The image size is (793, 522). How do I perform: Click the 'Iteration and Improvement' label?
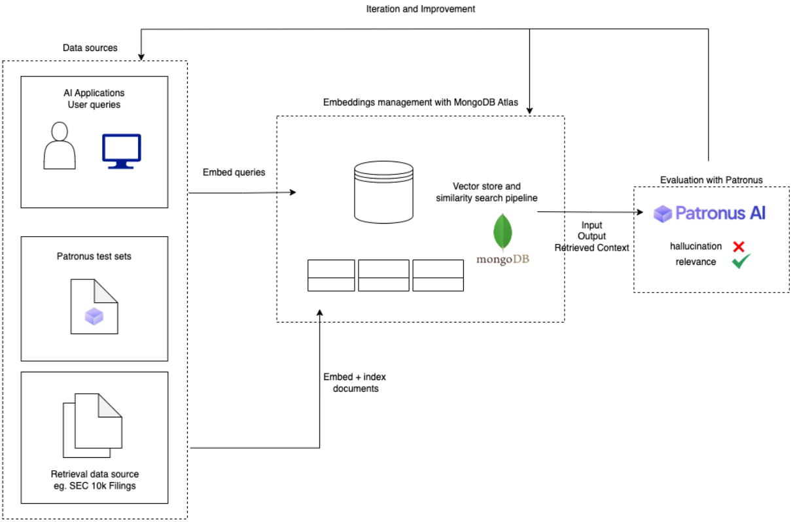point(420,9)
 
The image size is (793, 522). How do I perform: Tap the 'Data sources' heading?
point(90,48)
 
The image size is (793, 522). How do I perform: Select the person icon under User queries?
point(60,145)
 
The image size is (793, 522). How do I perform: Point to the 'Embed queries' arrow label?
point(235,172)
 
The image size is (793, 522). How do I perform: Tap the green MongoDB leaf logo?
point(502,232)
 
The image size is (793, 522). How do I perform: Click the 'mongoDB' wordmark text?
point(502,259)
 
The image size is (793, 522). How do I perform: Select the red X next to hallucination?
point(739,247)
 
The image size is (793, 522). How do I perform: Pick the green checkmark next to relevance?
point(741,262)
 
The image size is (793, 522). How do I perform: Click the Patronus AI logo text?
point(710,213)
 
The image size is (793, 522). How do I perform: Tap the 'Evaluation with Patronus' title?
point(711,180)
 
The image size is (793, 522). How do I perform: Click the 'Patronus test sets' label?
point(94,256)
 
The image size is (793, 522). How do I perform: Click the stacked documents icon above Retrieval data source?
point(92,425)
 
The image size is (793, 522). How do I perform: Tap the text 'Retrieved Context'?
point(591,248)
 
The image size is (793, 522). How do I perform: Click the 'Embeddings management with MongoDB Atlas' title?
point(420,103)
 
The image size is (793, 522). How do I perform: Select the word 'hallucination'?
point(696,247)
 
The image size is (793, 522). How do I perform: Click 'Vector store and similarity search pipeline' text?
point(487,192)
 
